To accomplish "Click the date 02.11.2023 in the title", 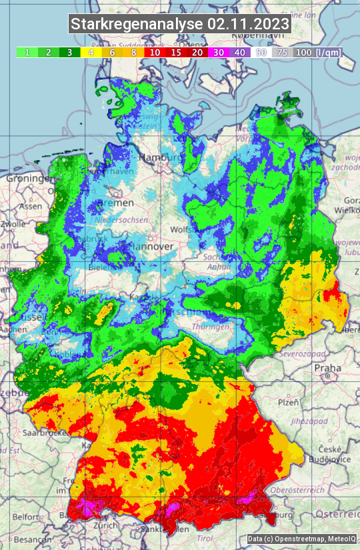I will (248, 24).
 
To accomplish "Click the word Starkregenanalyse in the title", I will (137, 24).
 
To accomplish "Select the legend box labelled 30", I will (219, 52).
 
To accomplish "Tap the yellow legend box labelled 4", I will (89, 52).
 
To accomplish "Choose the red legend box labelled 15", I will (175, 52).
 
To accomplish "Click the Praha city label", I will (327, 368).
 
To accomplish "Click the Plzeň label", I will (288, 402).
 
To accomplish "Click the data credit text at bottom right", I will (300, 539).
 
